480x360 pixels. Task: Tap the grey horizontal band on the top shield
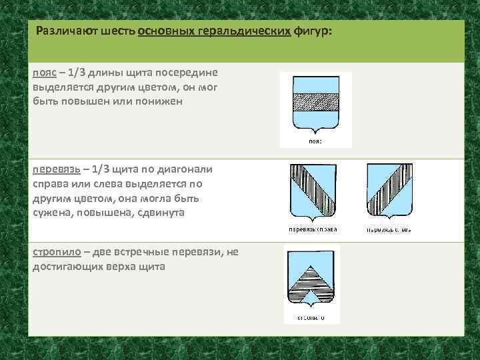point(315,101)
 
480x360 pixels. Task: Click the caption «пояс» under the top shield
point(315,141)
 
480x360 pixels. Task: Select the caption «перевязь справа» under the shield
point(313,230)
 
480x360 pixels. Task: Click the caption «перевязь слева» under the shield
point(388,230)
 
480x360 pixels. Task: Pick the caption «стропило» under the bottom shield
point(311,317)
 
